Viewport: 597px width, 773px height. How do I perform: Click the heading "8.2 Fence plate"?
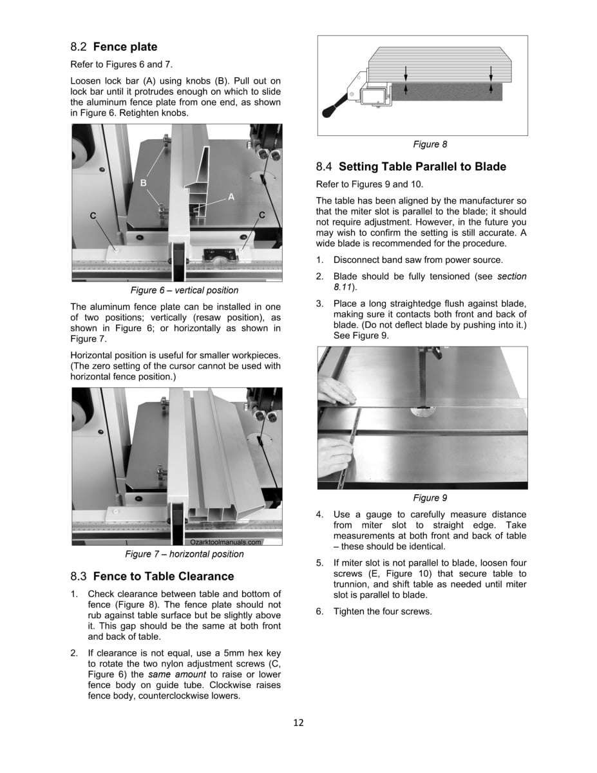coord(114,47)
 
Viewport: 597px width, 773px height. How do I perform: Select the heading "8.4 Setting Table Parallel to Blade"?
coord(411,167)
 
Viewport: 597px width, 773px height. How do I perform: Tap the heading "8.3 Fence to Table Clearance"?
coord(152,576)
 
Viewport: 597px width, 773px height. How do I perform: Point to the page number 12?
coord(298,721)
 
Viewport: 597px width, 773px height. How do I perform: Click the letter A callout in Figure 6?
coord(231,197)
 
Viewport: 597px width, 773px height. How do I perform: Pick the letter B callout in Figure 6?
coord(143,184)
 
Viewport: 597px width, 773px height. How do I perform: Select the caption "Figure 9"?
coord(430,498)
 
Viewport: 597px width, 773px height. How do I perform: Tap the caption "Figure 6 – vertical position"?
coord(184,291)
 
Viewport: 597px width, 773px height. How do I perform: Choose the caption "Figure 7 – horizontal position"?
coord(184,554)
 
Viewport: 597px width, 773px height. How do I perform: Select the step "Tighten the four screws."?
coord(383,611)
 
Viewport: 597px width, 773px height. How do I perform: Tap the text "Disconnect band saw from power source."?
coord(418,260)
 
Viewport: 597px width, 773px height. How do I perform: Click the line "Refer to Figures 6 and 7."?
coord(121,64)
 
